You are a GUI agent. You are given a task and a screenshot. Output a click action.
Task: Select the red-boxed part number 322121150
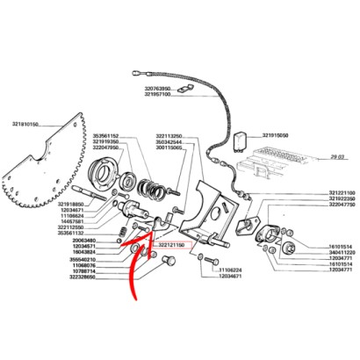[x=172, y=246]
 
